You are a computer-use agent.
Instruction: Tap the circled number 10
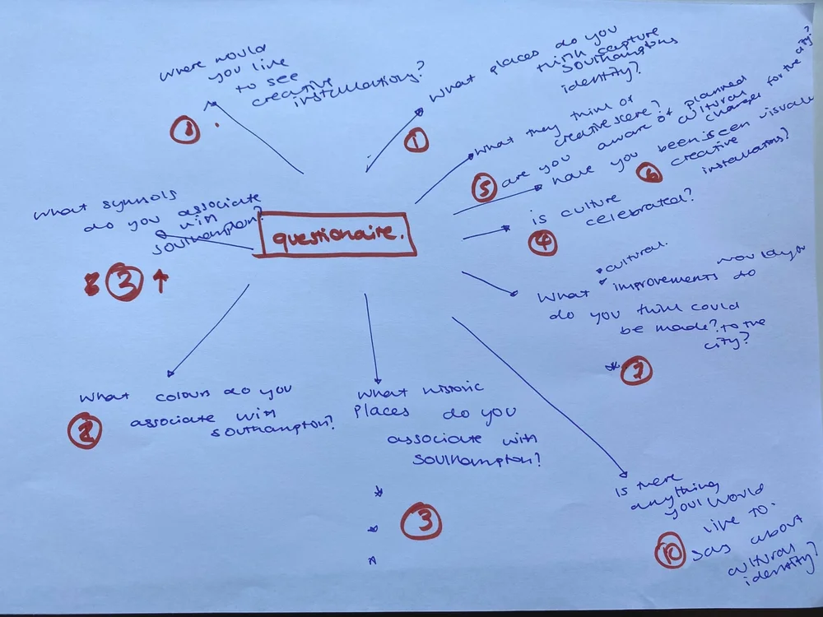point(670,552)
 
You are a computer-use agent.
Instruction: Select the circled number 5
point(484,188)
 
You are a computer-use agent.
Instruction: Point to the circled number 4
point(542,243)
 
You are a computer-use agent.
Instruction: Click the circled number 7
point(636,371)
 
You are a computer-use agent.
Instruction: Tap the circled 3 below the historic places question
point(421,522)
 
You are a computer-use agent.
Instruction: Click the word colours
point(181,392)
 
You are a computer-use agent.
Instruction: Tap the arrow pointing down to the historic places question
point(371,337)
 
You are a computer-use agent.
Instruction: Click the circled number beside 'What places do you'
point(416,141)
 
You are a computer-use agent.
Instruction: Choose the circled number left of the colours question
point(85,431)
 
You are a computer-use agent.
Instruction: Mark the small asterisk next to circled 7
point(611,365)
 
